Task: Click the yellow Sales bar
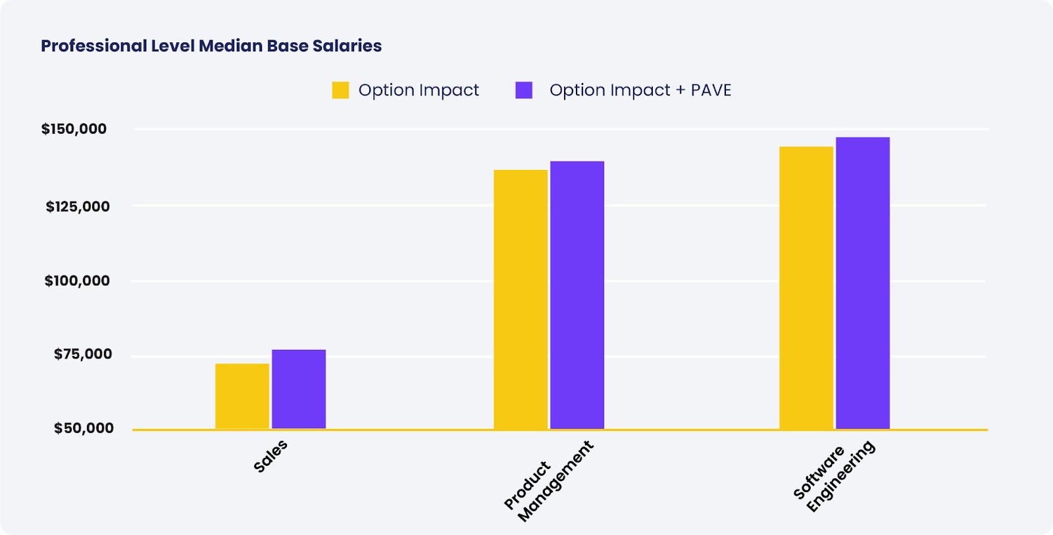point(242,396)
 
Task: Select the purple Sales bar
point(299,389)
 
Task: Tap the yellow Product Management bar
point(521,300)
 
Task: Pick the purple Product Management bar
point(577,295)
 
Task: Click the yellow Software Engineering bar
point(806,288)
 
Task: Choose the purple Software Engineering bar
point(863,283)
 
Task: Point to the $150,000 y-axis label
point(74,129)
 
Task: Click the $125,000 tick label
point(78,207)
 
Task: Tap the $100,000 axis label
point(77,281)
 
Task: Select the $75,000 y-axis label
point(83,354)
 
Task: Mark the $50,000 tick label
point(84,429)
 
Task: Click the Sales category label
point(270,456)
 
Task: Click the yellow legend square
point(340,90)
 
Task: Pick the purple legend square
point(524,90)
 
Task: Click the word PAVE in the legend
point(711,90)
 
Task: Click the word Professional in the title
point(93,46)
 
